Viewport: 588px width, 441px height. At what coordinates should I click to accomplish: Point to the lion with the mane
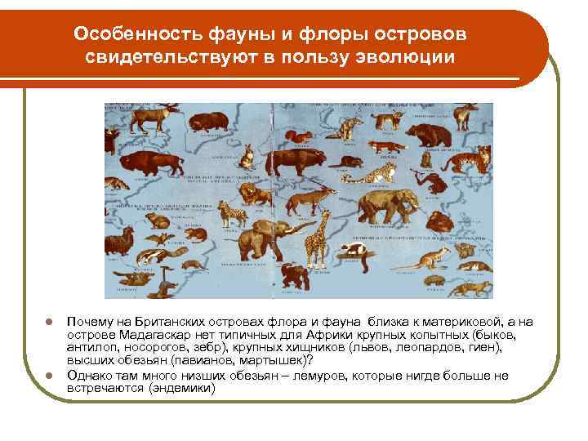252,193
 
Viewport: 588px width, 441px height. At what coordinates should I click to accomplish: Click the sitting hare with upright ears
245,154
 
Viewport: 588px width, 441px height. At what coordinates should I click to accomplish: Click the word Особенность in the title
123,34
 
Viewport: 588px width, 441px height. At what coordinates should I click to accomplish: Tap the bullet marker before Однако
50,376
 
